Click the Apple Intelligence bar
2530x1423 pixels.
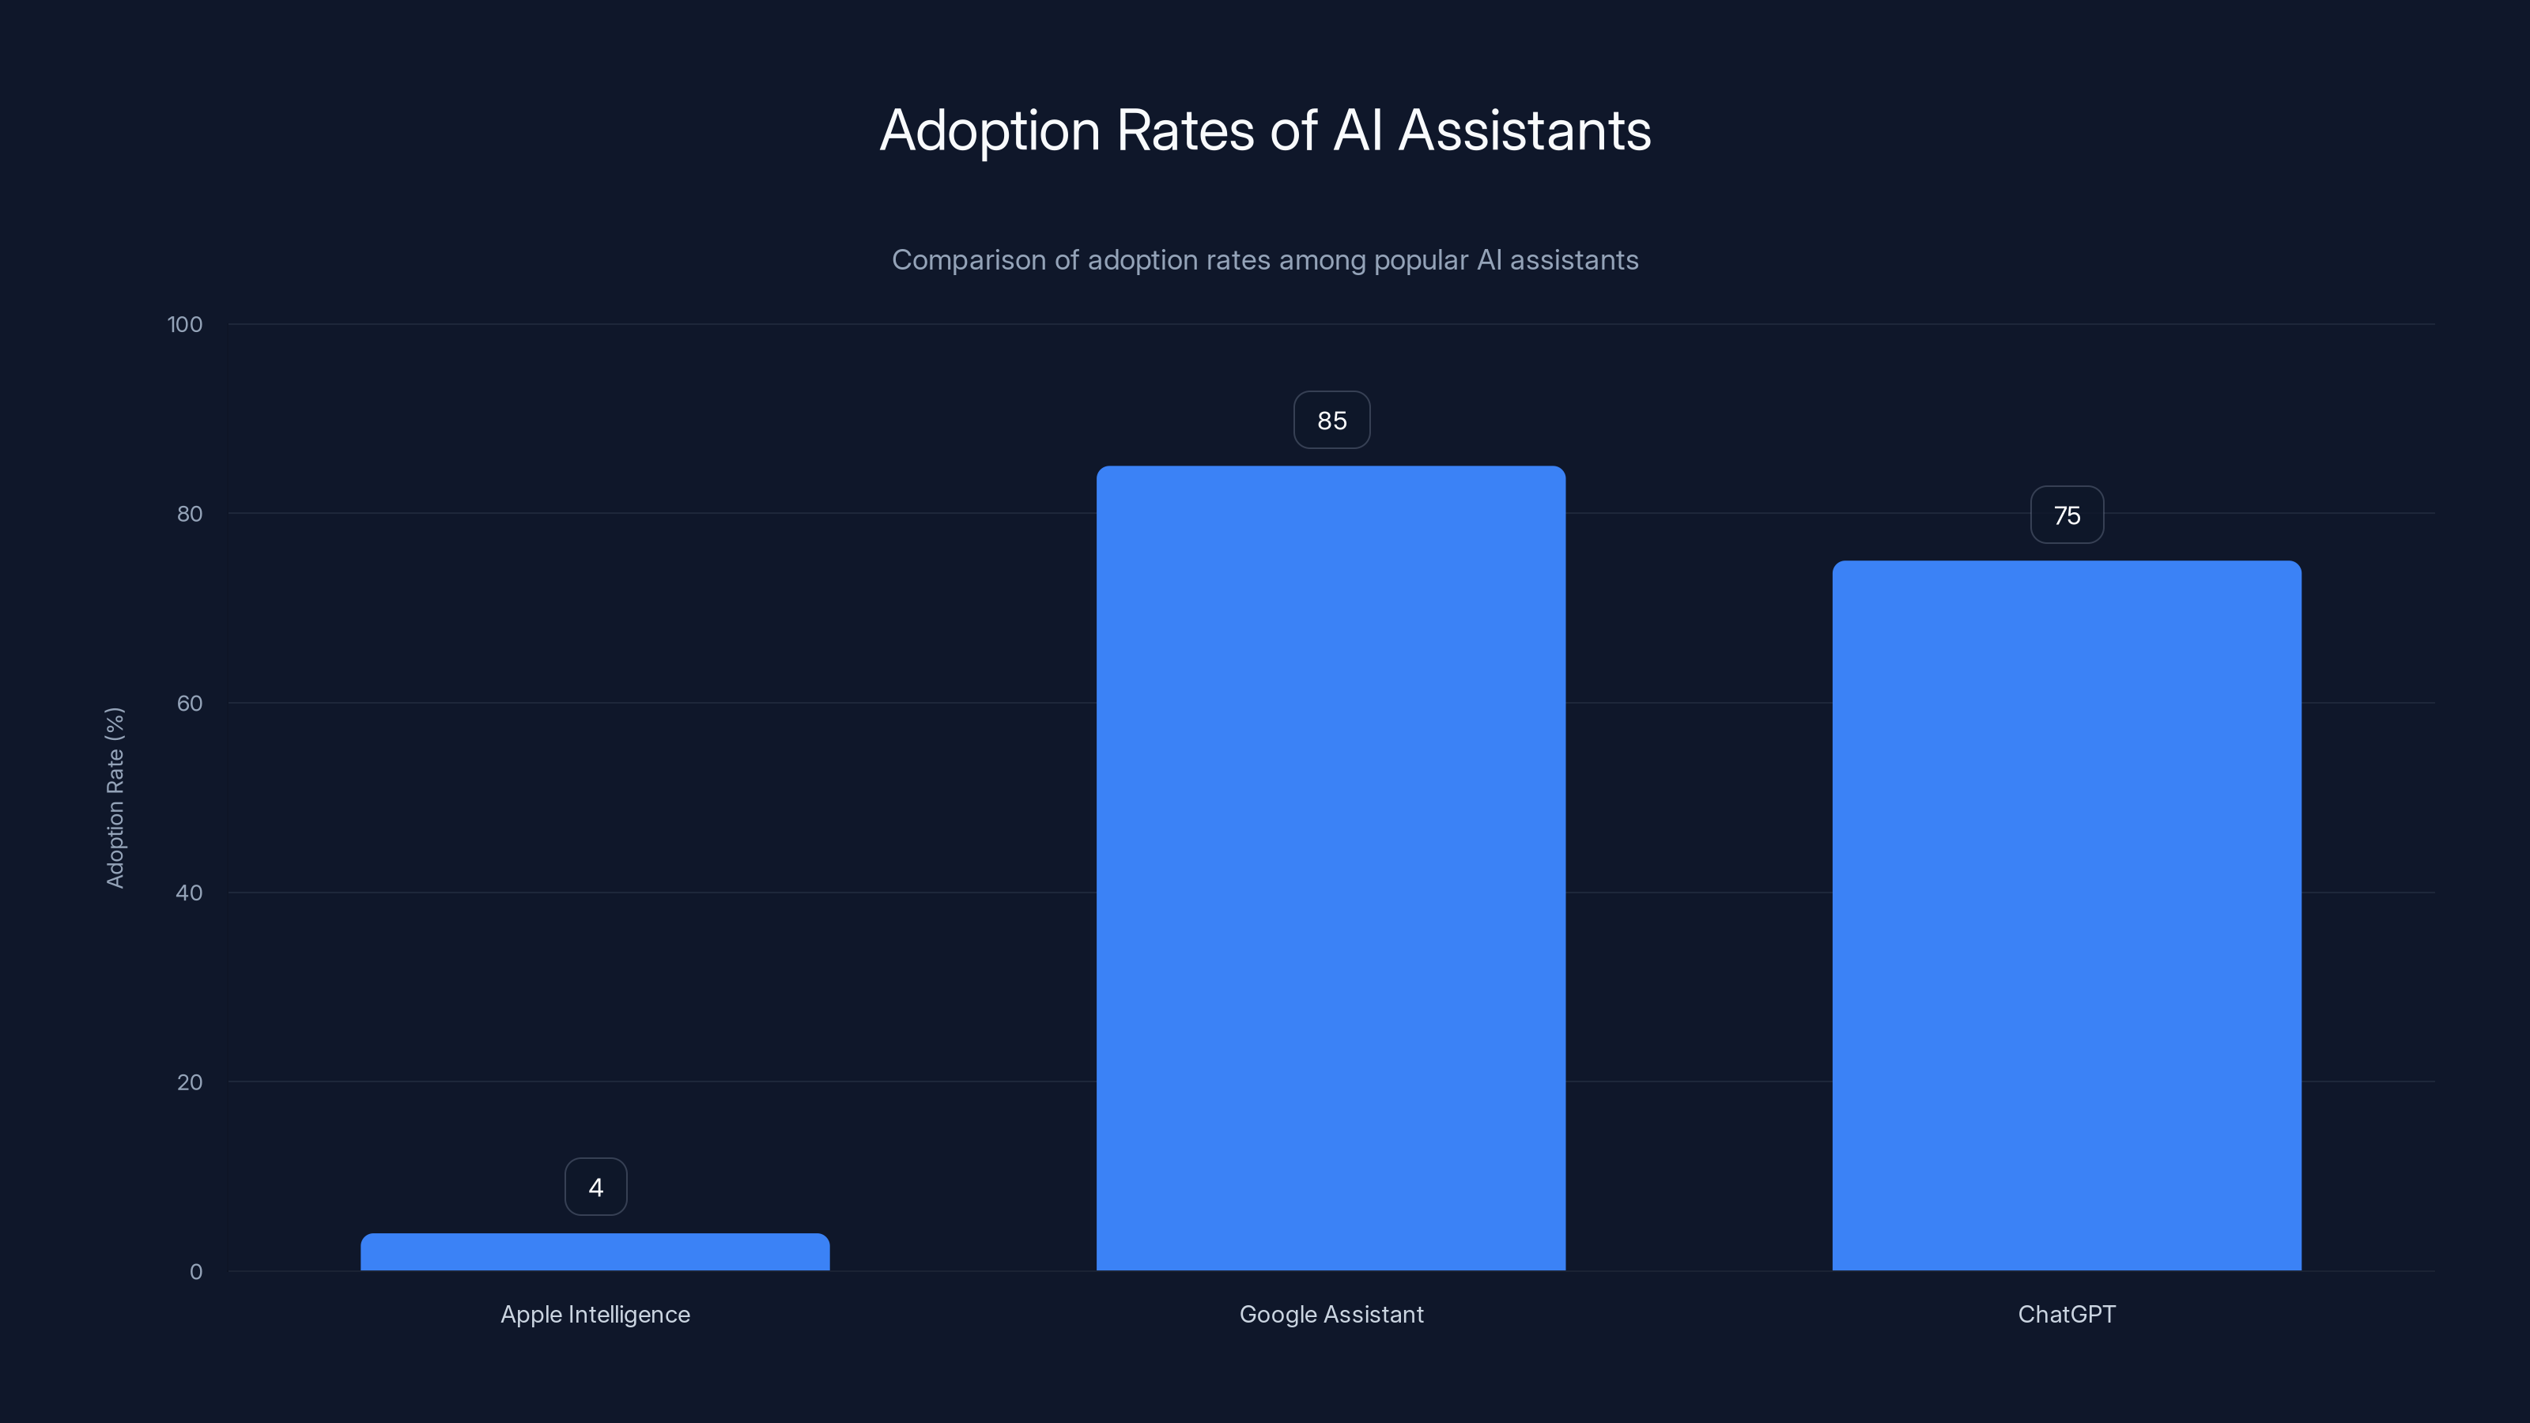[595, 1252]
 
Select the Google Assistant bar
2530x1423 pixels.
[1331, 868]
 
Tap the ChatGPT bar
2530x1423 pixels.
[2067, 915]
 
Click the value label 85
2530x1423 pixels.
[1331, 421]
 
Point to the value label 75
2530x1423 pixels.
[2067, 515]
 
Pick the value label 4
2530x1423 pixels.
[595, 1187]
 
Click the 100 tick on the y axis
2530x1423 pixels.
[185, 324]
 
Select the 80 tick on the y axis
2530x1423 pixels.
[189, 514]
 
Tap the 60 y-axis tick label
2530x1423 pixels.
[189, 703]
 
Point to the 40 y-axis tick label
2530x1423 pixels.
[189, 893]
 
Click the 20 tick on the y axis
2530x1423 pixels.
[189, 1082]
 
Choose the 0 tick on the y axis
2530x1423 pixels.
[195, 1272]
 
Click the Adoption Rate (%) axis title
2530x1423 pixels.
[115, 798]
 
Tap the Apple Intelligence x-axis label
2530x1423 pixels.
[595, 1314]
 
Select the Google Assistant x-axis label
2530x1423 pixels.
[1331, 1314]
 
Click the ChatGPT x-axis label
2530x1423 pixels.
[2067, 1314]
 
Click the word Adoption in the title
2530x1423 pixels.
[989, 130]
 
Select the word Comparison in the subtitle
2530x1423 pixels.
[968, 260]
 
